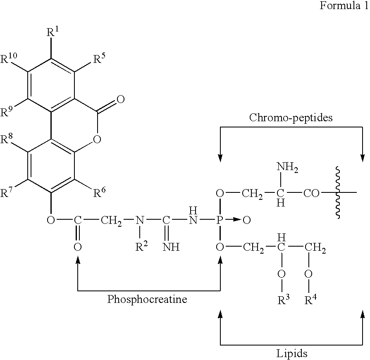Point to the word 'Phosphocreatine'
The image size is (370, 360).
147,299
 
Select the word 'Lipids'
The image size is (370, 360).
291,353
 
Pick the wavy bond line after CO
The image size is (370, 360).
338,192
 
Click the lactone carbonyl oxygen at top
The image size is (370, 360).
120,99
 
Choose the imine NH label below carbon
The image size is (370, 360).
170,247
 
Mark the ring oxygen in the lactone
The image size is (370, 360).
96,139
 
